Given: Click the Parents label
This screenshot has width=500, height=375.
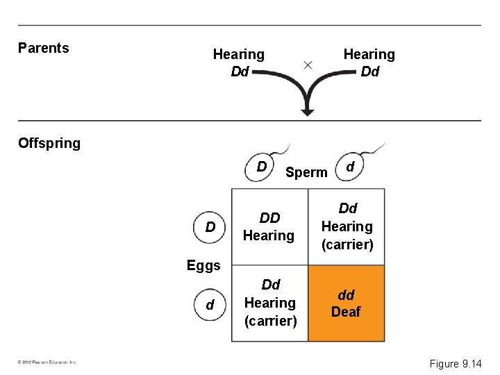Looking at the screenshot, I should pyautogui.click(x=43, y=48).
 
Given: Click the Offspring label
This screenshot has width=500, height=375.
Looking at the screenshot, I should pyautogui.click(x=49, y=143).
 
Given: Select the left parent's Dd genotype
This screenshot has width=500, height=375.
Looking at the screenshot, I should pyautogui.click(x=239, y=72).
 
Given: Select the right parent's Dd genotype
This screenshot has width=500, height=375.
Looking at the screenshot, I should pyautogui.click(x=369, y=72).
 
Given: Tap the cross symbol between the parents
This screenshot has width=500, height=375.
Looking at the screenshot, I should pyautogui.click(x=307, y=65).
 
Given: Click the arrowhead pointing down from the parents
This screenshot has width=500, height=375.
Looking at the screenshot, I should pyautogui.click(x=307, y=110).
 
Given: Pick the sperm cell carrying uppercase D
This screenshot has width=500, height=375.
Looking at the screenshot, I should pyautogui.click(x=262, y=167).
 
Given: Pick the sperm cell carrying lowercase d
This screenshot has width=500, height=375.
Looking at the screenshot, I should pyautogui.click(x=351, y=167).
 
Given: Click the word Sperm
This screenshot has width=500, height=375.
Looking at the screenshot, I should pyautogui.click(x=306, y=173).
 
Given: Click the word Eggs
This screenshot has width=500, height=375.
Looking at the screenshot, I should pyautogui.click(x=203, y=265).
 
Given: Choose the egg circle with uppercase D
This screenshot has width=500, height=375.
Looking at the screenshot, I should pyautogui.click(x=210, y=227).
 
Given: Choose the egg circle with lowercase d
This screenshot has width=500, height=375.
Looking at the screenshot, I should pyautogui.click(x=210, y=305).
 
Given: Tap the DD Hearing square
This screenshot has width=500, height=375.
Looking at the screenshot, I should pyautogui.click(x=269, y=227).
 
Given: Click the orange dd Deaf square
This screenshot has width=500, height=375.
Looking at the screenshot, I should pyautogui.click(x=346, y=303).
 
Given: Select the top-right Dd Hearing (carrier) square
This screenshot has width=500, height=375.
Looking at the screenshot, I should pyautogui.click(x=347, y=226).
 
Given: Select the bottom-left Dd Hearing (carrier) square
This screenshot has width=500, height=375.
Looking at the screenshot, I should pyautogui.click(x=270, y=303).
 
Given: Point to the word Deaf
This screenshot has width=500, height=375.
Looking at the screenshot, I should pyautogui.click(x=346, y=312).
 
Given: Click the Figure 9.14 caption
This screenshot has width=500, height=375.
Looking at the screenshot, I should pyautogui.click(x=455, y=363).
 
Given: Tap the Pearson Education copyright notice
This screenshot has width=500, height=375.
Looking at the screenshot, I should pyautogui.click(x=48, y=362).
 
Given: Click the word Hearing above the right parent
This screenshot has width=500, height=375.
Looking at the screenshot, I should pyautogui.click(x=369, y=54).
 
